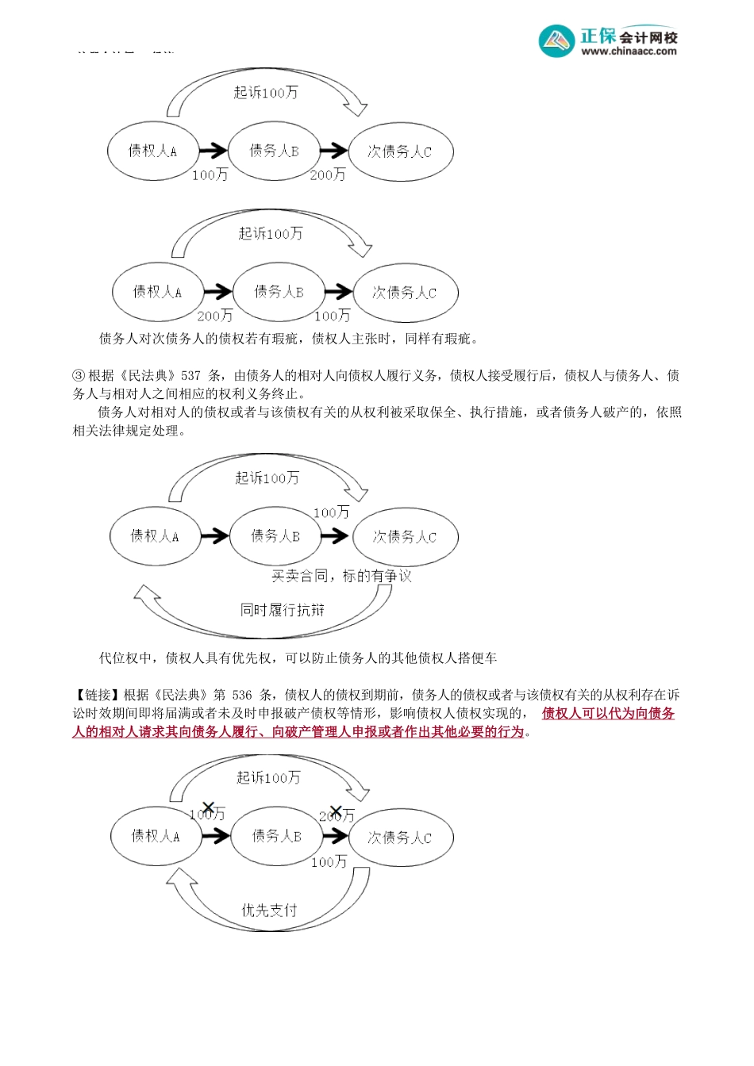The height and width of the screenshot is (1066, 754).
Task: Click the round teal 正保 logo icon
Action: tap(556, 40)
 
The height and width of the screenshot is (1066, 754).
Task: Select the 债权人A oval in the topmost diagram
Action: tap(152, 151)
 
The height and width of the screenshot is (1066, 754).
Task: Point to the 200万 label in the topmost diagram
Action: tap(328, 174)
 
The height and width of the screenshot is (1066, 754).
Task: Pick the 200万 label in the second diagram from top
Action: tap(215, 316)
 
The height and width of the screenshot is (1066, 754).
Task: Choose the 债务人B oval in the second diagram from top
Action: tap(279, 292)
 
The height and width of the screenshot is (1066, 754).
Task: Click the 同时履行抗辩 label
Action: tap(283, 610)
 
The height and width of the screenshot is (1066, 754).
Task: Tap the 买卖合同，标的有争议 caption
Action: tap(341, 576)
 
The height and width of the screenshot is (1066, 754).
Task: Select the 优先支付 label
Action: tap(269, 910)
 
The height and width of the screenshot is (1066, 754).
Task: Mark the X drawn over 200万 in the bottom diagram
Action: tap(336, 811)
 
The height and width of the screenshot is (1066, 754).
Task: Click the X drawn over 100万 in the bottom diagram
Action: tap(208, 808)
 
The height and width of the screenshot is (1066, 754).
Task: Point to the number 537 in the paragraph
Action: tap(191, 376)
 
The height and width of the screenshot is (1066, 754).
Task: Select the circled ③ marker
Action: tap(79, 376)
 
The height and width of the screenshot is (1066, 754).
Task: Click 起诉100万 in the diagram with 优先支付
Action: tap(268, 778)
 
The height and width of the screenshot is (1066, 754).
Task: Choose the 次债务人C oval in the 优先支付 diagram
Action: tap(401, 837)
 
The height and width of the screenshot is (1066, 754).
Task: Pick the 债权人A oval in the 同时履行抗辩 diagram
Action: tap(155, 536)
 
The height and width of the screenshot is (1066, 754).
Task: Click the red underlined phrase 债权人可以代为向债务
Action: tap(608, 713)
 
